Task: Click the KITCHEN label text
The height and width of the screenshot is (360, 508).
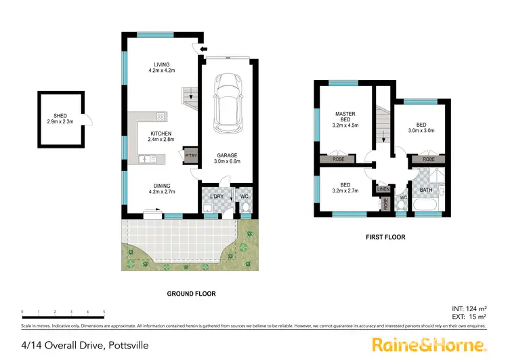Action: click(161, 136)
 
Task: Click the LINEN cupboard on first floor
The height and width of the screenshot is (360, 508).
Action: click(383, 189)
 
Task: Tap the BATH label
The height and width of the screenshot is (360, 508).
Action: click(426, 191)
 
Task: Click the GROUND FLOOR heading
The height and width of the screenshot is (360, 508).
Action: click(191, 294)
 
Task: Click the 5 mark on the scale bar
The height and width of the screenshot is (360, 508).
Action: click(104, 313)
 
